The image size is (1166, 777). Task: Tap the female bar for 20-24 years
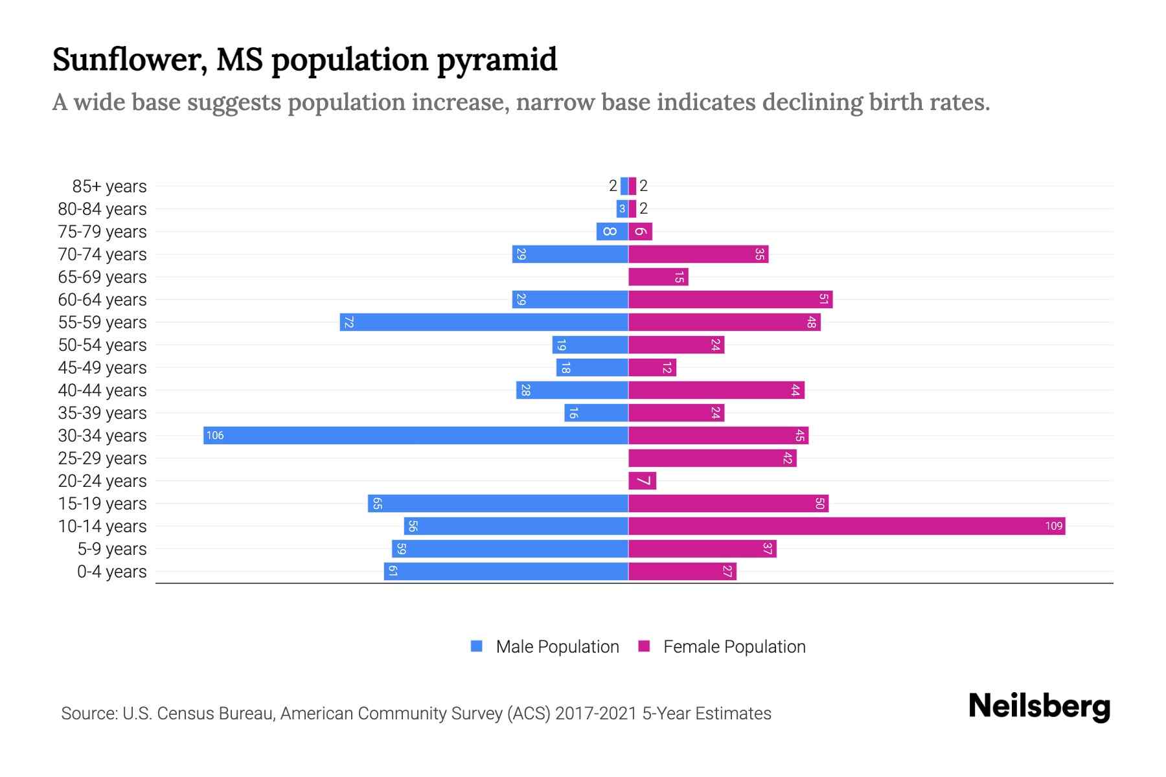point(642,480)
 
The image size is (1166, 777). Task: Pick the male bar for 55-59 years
point(483,322)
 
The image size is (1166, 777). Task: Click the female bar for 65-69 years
point(657,276)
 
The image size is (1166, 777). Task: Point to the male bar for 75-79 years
point(612,231)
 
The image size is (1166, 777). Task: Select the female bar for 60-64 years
point(729,299)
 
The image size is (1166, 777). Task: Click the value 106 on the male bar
point(215,435)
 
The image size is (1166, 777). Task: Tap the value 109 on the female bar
point(1053,526)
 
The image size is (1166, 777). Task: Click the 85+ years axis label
point(109,186)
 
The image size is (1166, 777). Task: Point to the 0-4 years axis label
point(111,572)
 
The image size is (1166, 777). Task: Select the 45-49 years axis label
point(102,368)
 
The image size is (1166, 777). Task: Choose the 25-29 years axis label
point(102,458)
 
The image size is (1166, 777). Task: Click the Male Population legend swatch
point(477,646)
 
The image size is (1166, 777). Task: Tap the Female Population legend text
point(734,646)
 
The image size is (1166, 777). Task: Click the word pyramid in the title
point(496,60)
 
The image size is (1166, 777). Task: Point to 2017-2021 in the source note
point(595,713)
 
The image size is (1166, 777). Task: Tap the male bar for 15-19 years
point(497,503)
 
